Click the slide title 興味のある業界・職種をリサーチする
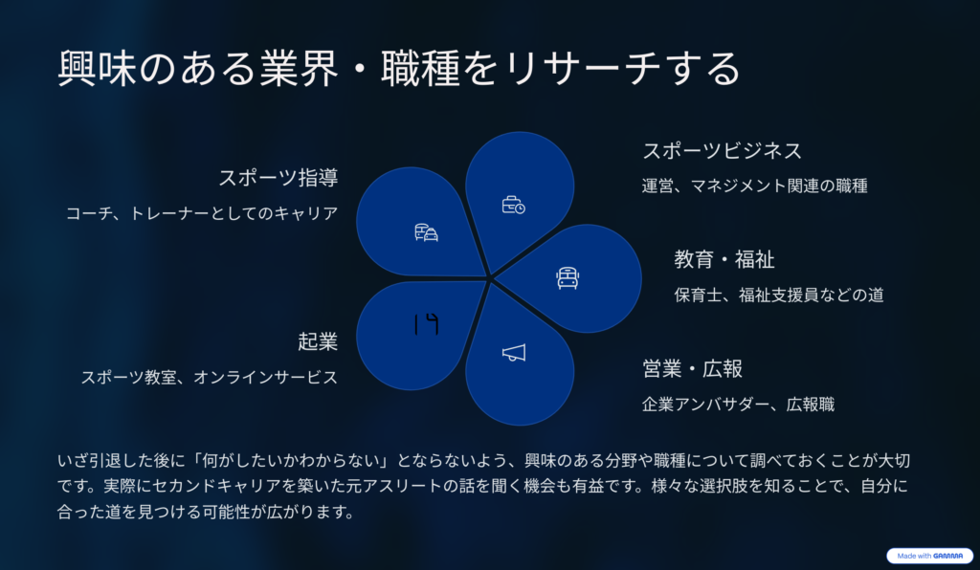(x=399, y=68)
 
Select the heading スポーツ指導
(x=278, y=178)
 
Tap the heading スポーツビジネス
(x=723, y=150)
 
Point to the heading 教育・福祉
(x=724, y=259)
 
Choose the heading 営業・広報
(x=693, y=368)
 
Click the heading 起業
(x=318, y=341)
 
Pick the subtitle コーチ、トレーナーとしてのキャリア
(x=203, y=213)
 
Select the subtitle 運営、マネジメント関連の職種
(x=755, y=186)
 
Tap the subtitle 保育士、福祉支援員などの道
(x=779, y=295)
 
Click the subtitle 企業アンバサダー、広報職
(x=739, y=405)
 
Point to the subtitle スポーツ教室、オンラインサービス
(x=210, y=377)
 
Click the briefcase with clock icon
(x=514, y=205)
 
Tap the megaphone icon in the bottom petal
(x=514, y=353)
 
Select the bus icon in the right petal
(x=568, y=277)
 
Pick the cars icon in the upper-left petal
(x=426, y=232)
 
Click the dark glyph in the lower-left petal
(x=426, y=324)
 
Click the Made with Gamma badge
(x=930, y=556)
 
